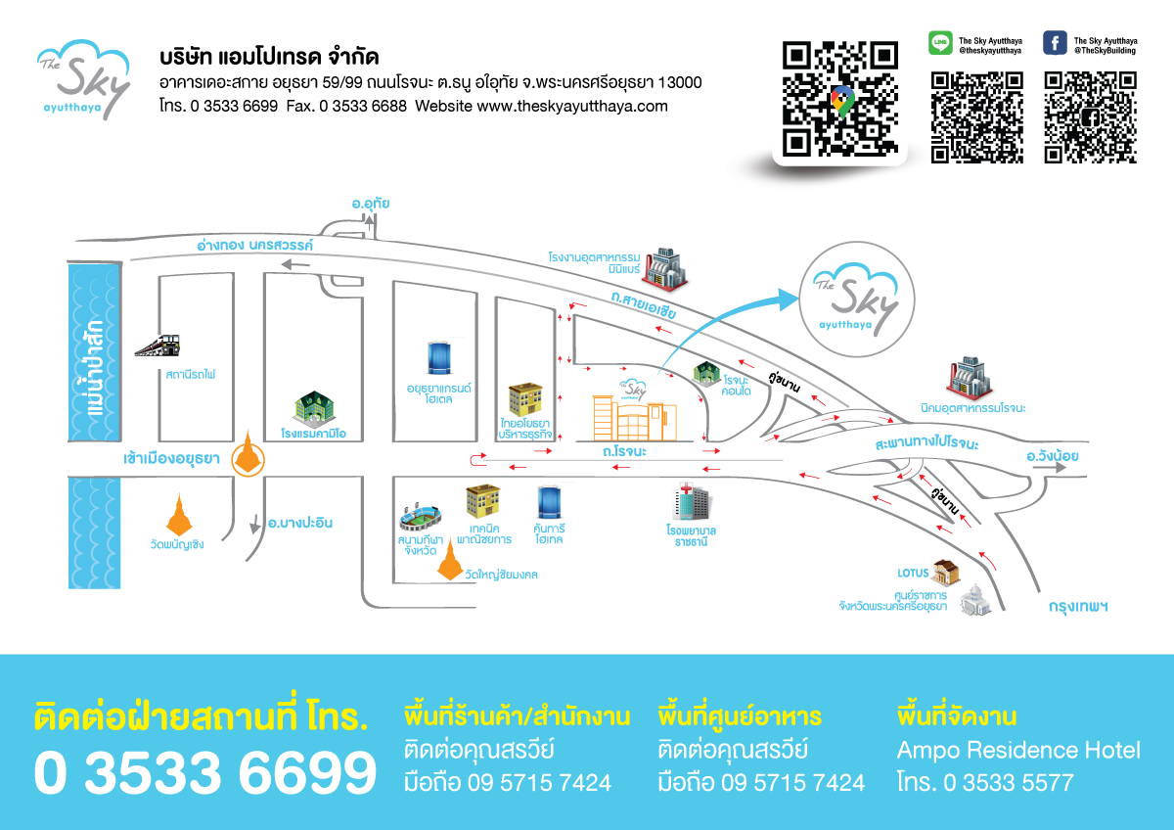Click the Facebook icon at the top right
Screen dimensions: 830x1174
(1055, 43)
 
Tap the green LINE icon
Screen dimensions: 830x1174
(940, 43)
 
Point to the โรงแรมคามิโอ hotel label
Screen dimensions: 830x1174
(321, 433)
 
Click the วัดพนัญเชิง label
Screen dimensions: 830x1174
(178, 544)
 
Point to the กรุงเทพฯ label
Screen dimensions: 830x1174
(1077, 606)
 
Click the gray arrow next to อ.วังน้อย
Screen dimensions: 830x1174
(1054, 469)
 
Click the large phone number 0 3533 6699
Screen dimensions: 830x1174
(204, 773)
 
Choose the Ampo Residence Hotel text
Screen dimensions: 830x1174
(1018, 751)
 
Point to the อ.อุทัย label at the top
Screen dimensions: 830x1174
(372, 204)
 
